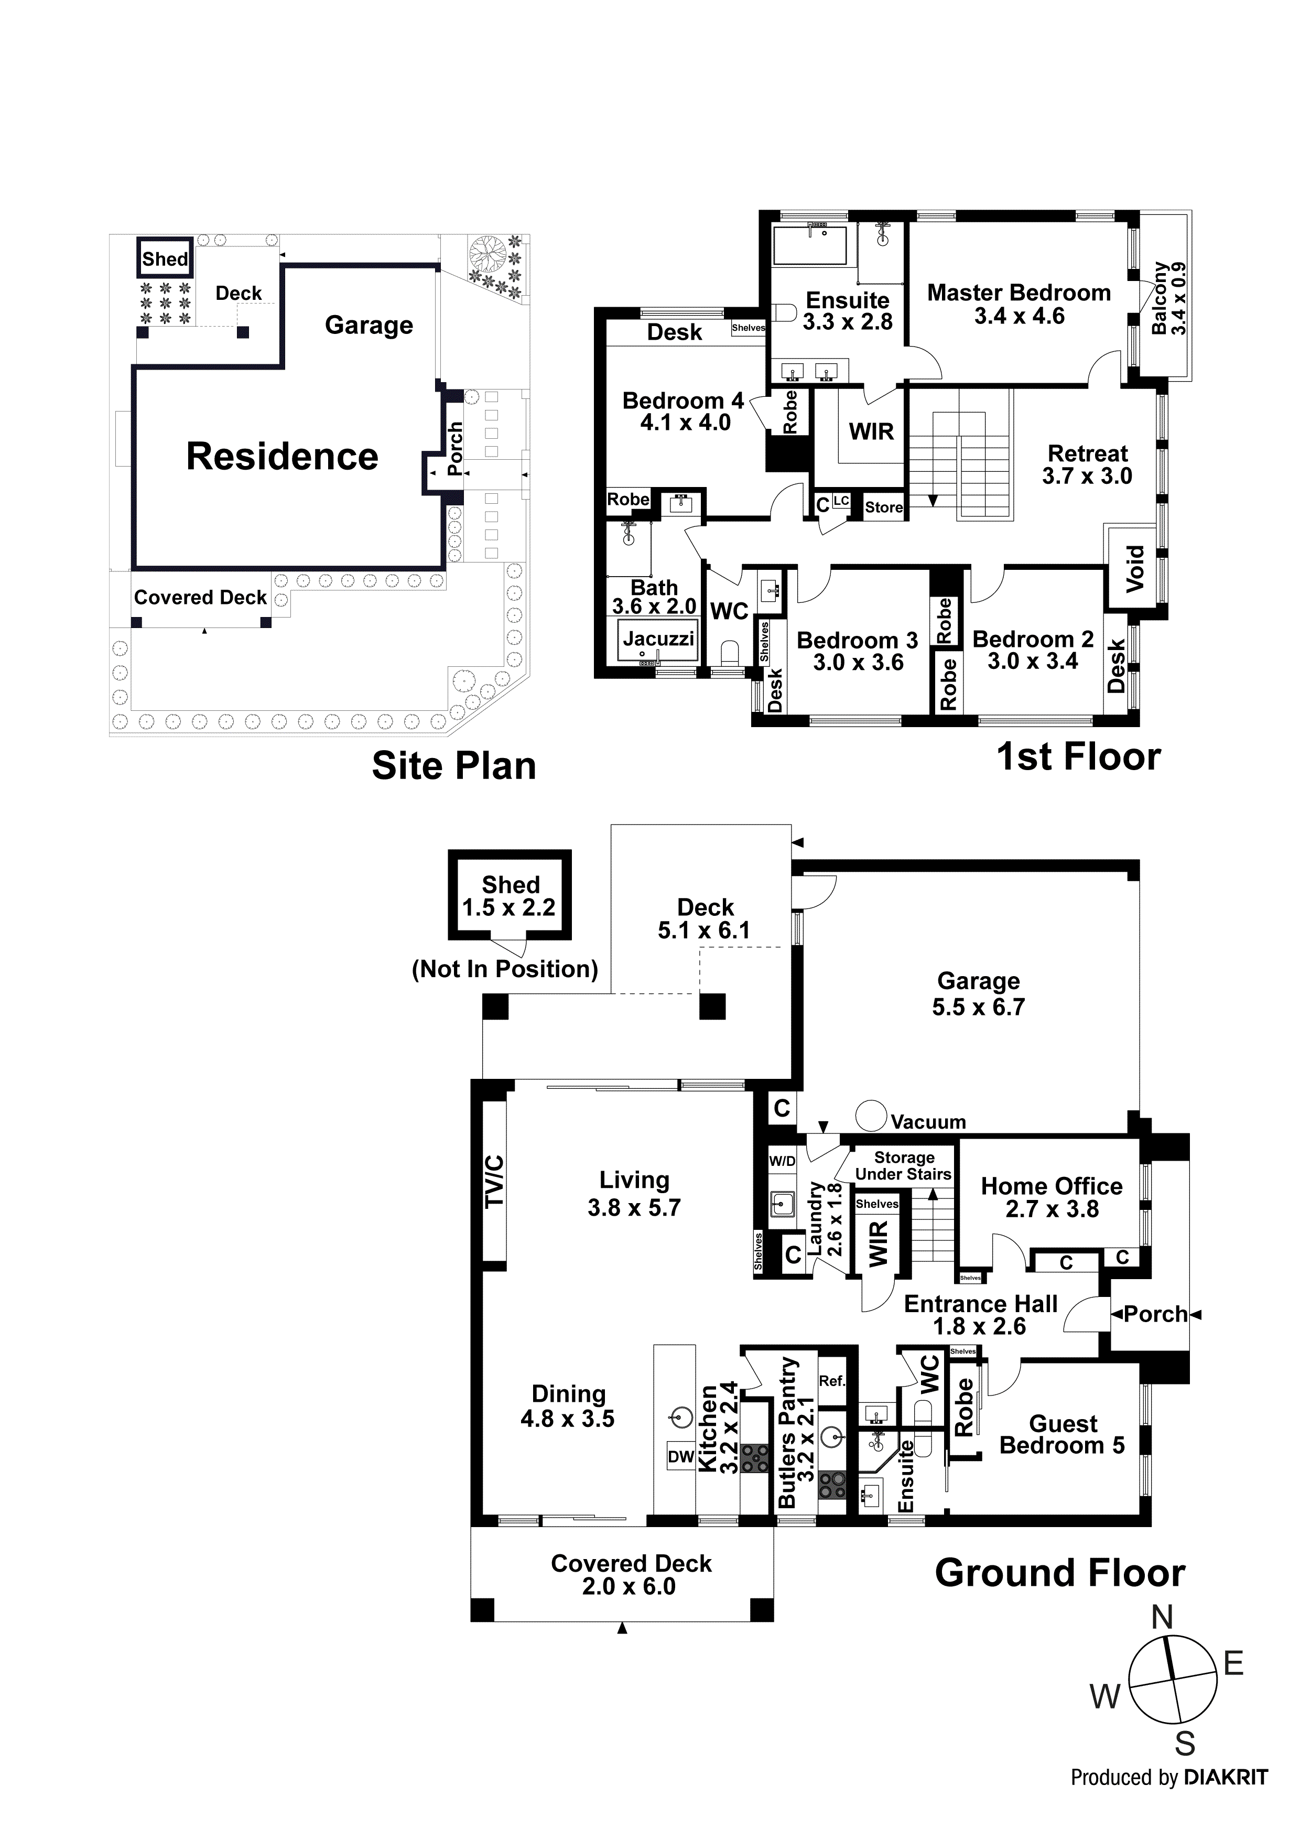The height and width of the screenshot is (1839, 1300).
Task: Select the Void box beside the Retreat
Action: (x=1135, y=569)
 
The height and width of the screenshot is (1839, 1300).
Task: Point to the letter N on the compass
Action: (x=1162, y=1618)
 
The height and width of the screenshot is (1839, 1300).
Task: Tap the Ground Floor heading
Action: (x=1059, y=1573)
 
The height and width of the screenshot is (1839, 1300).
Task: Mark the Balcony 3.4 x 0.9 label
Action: (x=1168, y=299)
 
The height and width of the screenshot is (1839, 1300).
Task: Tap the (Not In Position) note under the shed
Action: (x=505, y=969)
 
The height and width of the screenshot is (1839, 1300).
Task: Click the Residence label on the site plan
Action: (x=282, y=457)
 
